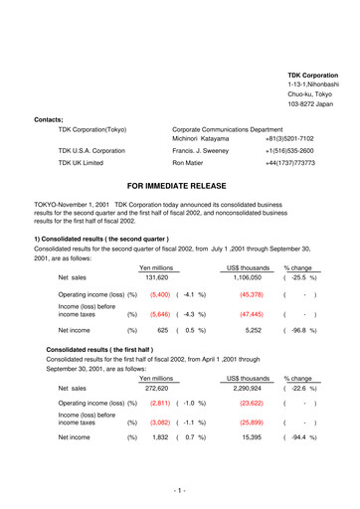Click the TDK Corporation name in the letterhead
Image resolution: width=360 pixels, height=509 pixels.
(311, 76)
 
